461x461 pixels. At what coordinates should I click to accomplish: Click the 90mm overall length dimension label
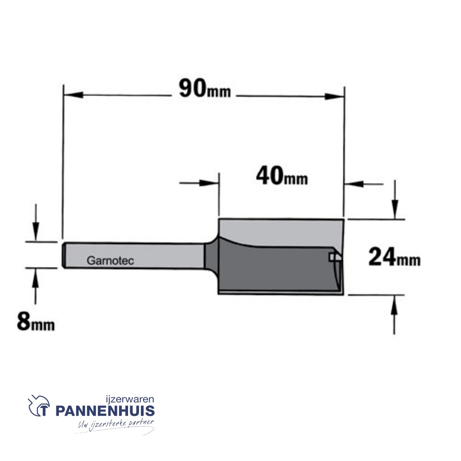205,89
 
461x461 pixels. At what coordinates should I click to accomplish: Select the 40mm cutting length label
282,176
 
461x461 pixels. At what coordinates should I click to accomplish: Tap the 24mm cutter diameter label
394,257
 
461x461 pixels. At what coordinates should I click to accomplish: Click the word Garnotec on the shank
110,260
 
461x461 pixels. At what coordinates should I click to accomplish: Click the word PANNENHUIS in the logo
105,411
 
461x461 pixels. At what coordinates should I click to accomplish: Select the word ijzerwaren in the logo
130,399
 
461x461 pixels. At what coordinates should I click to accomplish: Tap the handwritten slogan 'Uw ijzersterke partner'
116,425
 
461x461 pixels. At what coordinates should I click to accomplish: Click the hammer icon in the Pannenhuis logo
39,406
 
